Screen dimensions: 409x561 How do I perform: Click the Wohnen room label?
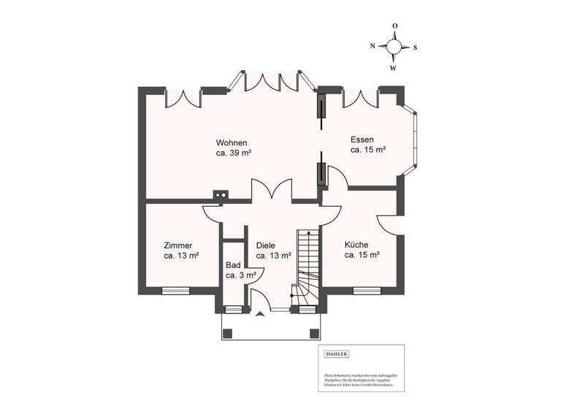231,142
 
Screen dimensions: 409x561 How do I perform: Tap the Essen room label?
362,139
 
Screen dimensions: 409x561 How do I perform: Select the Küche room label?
356,245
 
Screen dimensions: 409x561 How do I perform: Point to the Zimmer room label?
178,245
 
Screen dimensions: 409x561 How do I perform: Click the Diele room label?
265,245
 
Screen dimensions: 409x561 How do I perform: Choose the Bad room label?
233,265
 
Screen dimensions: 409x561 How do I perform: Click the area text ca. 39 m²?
234,153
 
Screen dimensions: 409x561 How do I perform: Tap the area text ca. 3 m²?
240,275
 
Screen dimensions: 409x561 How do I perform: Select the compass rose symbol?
394,47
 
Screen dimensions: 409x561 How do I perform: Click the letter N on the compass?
373,46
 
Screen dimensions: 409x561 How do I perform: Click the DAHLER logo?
337,354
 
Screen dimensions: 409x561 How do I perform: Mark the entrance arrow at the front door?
260,316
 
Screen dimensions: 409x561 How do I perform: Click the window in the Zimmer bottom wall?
175,290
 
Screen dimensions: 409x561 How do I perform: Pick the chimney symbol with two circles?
221,195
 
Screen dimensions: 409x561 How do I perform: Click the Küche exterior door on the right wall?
394,223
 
